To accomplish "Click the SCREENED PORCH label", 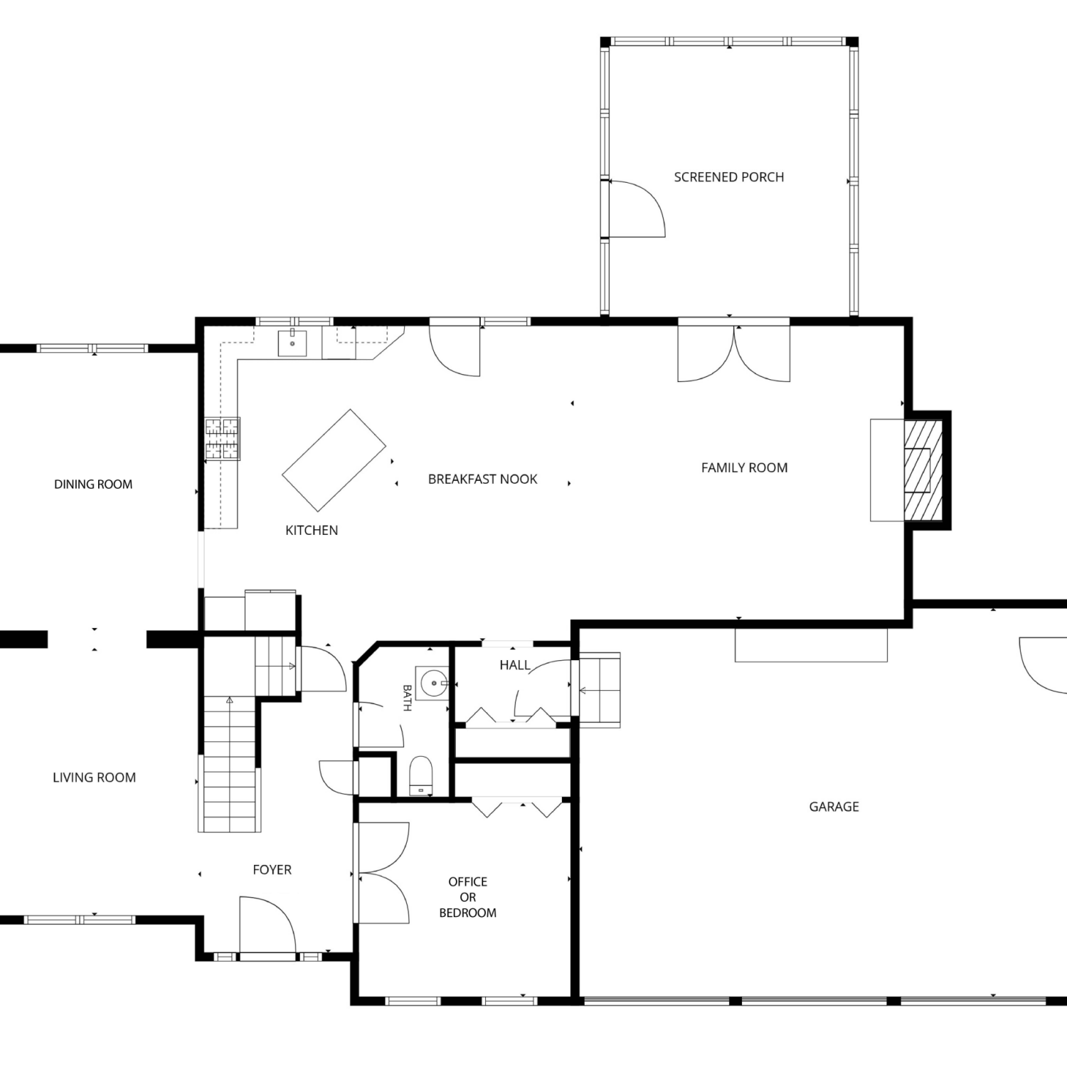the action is click(x=729, y=177).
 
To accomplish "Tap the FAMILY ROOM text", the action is click(x=744, y=468).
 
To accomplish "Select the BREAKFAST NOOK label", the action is click(x=482, y=479).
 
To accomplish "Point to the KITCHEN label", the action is click(x=312, y=531).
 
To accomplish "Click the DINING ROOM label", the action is click(x=93, y=484).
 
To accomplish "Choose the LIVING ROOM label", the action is click(x=94, y=777).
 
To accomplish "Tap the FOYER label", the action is click(x=272, y=870).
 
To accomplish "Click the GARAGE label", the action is click(x=834, y=807).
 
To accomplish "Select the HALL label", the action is click(x=514, y=665).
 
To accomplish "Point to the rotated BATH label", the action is click(x=407, y=698).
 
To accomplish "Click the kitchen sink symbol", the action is click(x=292, y=343).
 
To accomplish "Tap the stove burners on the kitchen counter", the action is click(x=222, y=438).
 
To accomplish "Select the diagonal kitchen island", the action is click(x=334, y=460).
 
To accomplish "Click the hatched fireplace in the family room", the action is click(x=923, y=469).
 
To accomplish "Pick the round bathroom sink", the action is click(x=433, y=684).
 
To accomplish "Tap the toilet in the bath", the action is click(x=421, y=775).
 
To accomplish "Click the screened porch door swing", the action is click(x=635, y=208).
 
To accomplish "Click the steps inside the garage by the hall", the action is click(x=600, y=690).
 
